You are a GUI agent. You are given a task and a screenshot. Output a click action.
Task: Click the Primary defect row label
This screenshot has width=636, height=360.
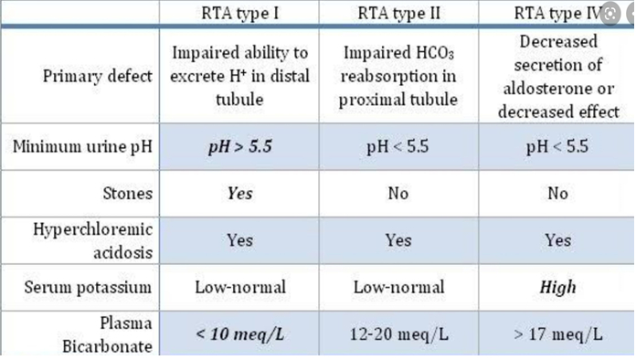(98, 76)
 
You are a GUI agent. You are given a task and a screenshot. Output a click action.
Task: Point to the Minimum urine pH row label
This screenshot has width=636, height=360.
(82, 146)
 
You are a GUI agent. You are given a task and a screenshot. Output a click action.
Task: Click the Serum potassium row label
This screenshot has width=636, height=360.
(88, 287)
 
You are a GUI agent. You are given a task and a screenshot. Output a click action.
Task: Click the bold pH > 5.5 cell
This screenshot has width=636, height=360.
(239, 146)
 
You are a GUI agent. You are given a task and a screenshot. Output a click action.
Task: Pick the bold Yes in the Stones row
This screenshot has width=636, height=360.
(239, 193)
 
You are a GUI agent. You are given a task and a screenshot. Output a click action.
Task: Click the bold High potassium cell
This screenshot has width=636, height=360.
(557, 287)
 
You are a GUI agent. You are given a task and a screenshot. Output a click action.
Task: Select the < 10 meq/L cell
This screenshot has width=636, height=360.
(239, 334)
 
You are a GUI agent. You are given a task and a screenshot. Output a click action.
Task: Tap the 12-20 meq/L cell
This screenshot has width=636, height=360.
(397, 334)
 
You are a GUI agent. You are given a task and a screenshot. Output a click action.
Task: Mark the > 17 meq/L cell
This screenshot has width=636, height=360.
(557, 334)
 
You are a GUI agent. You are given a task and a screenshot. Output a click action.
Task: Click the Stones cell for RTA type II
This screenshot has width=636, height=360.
(397, 193)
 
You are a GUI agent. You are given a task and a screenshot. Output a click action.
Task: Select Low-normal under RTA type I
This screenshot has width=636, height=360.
(239, 287)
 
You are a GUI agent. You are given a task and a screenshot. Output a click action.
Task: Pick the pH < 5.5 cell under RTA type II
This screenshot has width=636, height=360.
(397, 146)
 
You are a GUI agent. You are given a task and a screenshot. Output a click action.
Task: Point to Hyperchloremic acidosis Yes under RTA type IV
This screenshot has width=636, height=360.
(557, 240)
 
